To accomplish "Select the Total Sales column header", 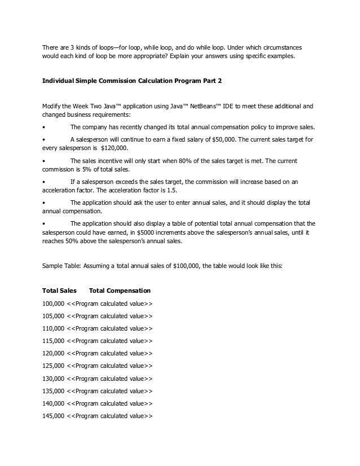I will [x=60, y=291].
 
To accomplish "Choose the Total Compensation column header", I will [x=120, y=291].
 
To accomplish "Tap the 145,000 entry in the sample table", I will [x=54, y=417].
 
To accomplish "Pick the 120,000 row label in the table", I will [x=54, y=355].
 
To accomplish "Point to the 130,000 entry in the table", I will [x=54, y=380].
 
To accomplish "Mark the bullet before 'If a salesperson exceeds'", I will [x=45, y=182].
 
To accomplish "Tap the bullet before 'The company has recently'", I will [x=45, y=127].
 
